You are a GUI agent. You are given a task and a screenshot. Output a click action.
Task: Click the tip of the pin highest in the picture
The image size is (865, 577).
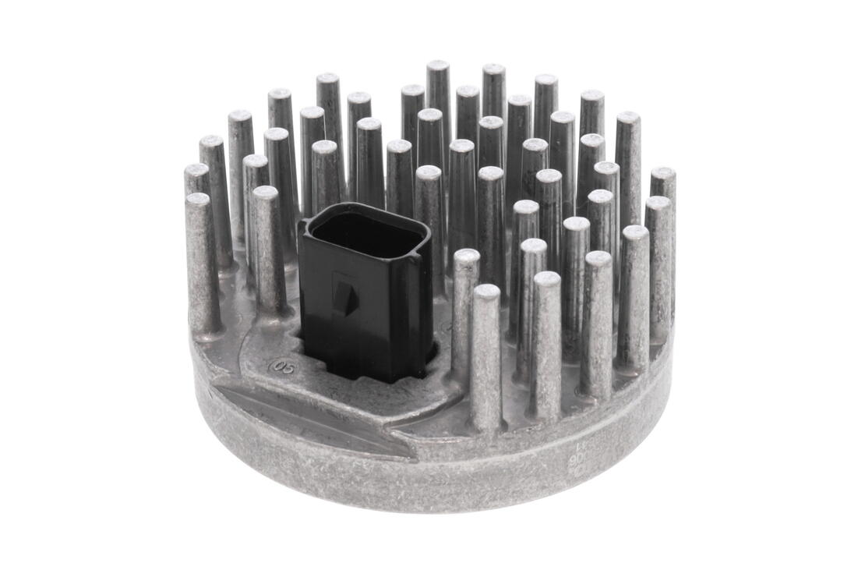438,66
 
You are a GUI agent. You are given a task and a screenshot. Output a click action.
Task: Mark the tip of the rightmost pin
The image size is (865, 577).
663,172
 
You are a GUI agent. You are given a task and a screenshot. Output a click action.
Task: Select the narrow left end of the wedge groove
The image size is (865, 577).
221,388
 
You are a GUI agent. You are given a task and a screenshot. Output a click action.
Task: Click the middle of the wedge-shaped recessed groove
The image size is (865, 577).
312,417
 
